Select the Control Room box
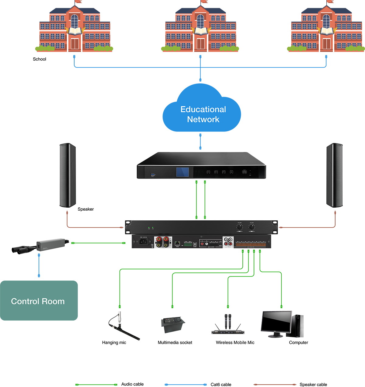click(x=39, y=300)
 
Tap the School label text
click(x=40, y=59)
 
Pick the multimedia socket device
click(x=172, y=324)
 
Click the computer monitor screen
click(x=276, y=322)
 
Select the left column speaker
click(x=68, y=175)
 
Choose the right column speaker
click(x=334, y=175)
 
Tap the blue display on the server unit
click(x=182, y=172)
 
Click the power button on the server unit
click(x=244, y=172)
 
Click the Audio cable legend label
click(x=132, y=384)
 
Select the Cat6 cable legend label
click(x=221, y=385)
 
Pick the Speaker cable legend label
click(x=313, y=385)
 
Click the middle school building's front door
click(x=200, y=44)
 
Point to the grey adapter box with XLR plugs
click(x=50, y=244)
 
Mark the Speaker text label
click(x=85, y=209)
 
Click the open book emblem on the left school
click(x=75, y=31)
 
